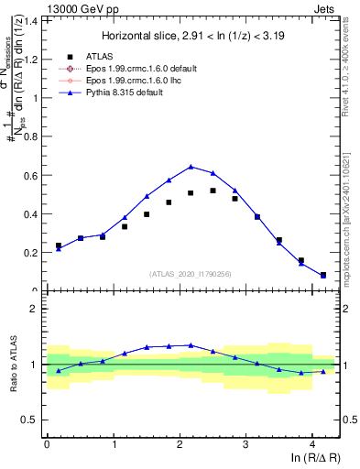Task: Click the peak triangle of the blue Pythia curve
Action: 191,167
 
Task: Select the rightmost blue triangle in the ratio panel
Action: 322,371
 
